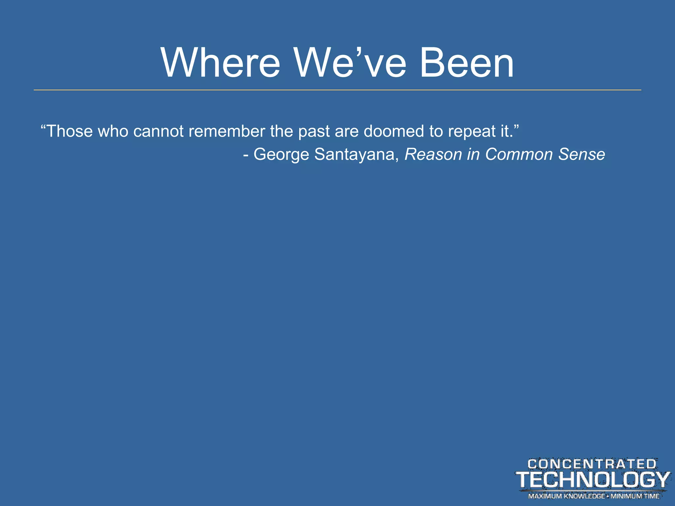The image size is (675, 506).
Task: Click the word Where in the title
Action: tap(220, 63)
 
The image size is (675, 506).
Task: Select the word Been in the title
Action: tap(467, 63)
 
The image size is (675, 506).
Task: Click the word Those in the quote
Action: tap(69, 131)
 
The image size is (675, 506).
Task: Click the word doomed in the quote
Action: tap(394, 131)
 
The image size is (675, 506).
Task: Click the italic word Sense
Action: tap(582, 154)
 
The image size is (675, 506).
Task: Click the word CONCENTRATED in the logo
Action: tap(592, 464)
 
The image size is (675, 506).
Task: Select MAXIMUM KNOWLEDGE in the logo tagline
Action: tap(566, 496)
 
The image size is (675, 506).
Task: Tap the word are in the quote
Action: tap(347, 132)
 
